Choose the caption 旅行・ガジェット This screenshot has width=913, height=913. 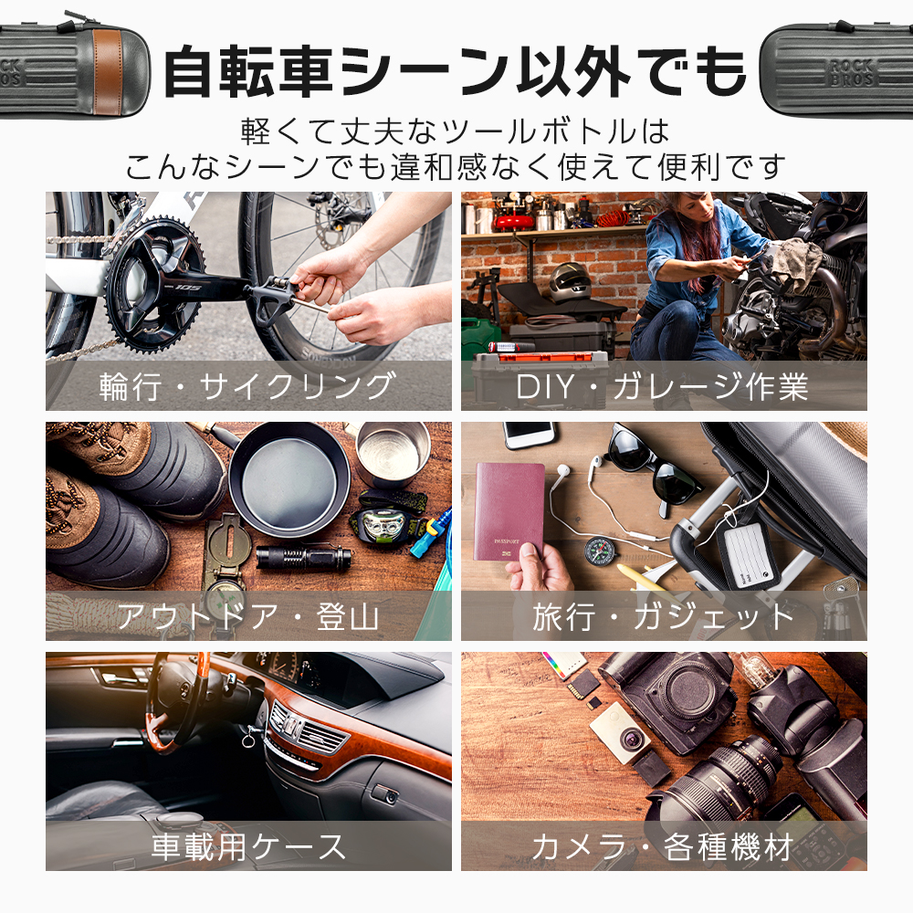pyautogui.click(x=664, y=616)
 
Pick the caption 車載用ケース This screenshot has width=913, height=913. pyautogui.click(x=248, y=846)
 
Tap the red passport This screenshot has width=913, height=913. pyautogui.click(x=509, y=511)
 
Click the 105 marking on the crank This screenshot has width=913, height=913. pyautogui.click(x=187, y=286)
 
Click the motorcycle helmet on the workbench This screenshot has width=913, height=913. pyautogui.click(x=569, y=282)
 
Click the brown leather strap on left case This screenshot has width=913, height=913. pyautogui.click(x=108, y=68)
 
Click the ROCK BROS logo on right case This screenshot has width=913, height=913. pyautogui.click(x=853, y=72)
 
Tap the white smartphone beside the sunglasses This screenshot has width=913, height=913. pyautogui.click(x=530, y=435)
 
